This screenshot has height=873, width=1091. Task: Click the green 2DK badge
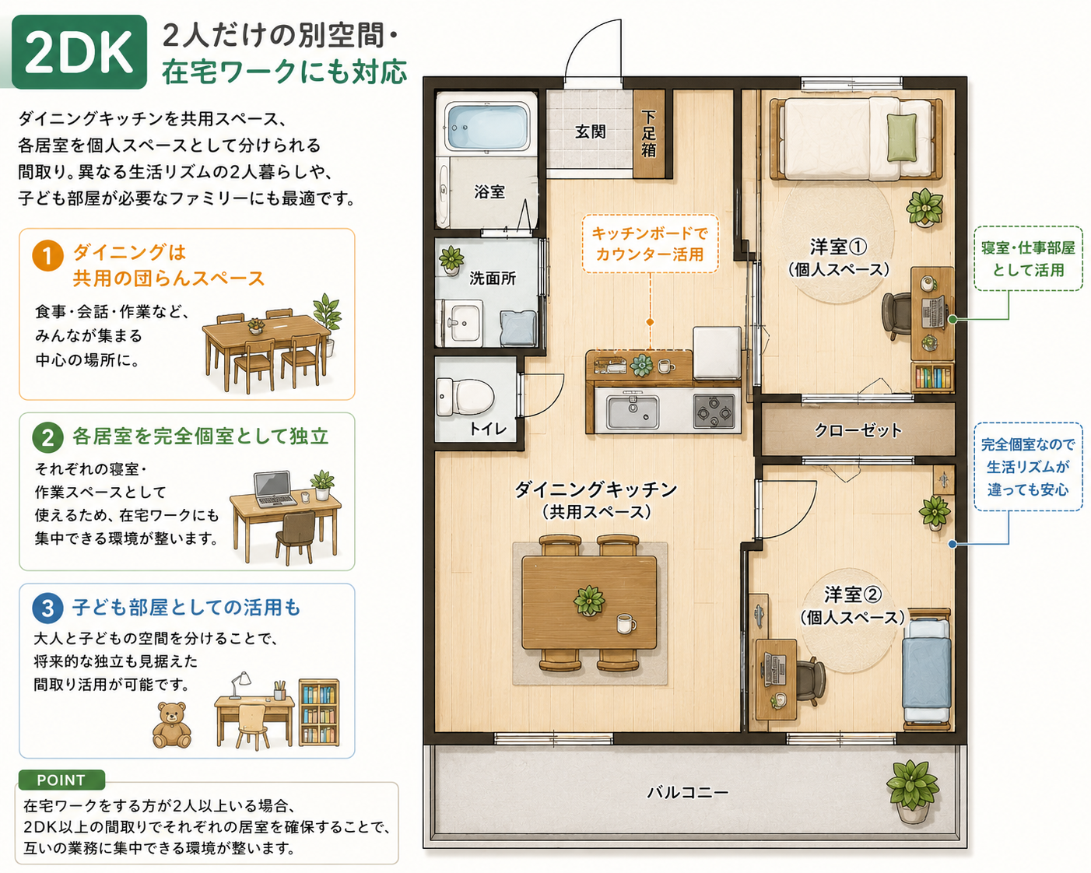[x=79, y=51]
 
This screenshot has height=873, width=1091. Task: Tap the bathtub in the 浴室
[x=489, y=124]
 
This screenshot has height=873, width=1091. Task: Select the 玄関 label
[x=591, y=131]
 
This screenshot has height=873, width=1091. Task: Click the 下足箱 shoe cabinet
[x=650, y=134]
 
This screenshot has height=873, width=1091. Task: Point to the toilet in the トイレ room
[x=465, y=397]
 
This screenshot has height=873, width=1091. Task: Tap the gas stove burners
[x=714, y=411]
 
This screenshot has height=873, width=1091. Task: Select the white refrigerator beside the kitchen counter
[x=717, y=352]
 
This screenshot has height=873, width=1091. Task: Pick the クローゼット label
[x=858, y=430]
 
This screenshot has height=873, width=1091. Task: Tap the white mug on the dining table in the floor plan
[x=626, y=624]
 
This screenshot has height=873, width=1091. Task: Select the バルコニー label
[x=687, y=792]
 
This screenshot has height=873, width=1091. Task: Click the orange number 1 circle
[x=47, y=256]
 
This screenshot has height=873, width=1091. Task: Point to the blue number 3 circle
[x=47, y=608]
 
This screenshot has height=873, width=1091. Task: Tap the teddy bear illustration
[x=172, y=725]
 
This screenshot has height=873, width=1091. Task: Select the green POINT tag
[x=61, y=780]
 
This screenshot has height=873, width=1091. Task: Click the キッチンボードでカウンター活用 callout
[x=650, y=244]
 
